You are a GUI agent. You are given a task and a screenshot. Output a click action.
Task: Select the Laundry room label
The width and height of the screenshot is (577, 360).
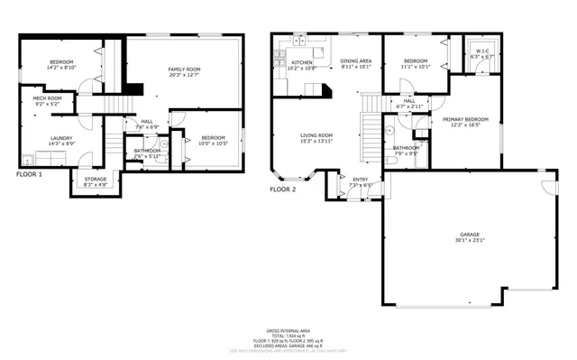(48, 138)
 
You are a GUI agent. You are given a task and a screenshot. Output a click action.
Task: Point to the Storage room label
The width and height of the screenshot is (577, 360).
(96, 179)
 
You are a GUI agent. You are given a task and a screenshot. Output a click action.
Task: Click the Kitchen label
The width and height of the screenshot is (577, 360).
(301, 63)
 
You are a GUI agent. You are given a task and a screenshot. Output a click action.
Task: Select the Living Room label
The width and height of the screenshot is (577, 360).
(316, 135)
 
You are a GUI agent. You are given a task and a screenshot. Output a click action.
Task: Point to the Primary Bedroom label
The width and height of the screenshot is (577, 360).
(465, 119)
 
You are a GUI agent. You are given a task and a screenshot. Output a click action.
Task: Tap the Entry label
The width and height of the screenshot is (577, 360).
(360, 179)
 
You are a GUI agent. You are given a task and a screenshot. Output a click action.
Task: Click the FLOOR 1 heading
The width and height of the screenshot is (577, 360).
(29, 173)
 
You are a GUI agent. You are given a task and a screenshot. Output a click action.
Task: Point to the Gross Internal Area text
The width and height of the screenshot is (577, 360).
(288, 332)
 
